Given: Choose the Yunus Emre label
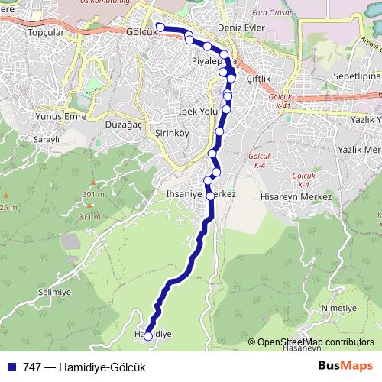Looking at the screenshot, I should click(x=58, y=116).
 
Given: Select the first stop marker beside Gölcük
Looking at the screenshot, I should click(x=160, y=28).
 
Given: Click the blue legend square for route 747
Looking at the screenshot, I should click(x=11, y=367).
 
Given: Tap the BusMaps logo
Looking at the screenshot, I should click(x=346, y=366).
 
